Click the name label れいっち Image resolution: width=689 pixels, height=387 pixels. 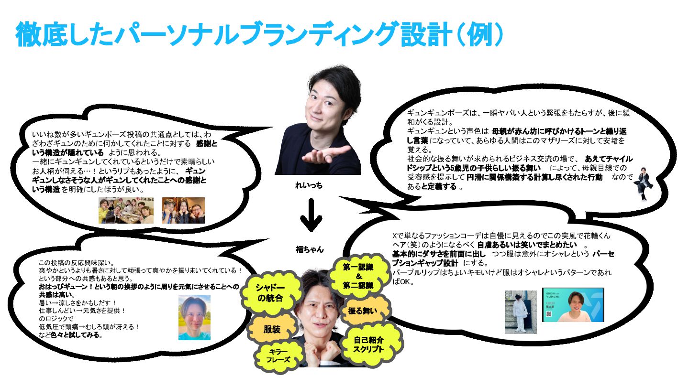(x=309, y=185)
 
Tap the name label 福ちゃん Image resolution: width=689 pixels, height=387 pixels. (x=310, y=249)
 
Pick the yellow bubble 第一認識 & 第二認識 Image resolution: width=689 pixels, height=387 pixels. (x=358, y=276)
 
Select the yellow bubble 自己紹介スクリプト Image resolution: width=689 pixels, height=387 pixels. (x=368, y=344)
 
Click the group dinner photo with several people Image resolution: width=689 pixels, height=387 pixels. (x=126, y=211)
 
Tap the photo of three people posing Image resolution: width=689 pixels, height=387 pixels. (x=183, y=211)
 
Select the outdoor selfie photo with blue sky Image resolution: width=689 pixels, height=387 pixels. (x=194, y=317)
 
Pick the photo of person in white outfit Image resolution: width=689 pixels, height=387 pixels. (x=521, y=312)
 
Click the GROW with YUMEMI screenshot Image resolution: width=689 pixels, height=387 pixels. (x=573, y=304)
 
